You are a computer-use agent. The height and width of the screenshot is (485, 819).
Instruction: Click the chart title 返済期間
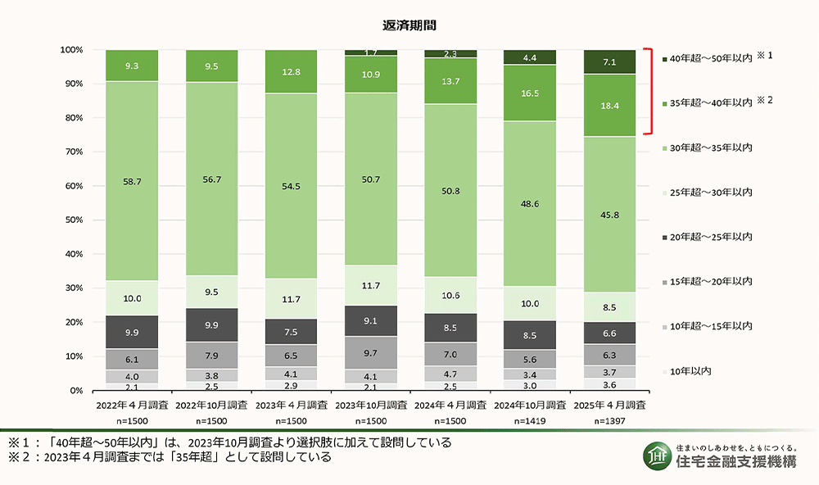click(410, 25)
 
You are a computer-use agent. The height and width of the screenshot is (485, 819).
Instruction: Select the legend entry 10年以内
click(690, 370)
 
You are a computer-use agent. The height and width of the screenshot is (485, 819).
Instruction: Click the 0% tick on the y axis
click(77, 391)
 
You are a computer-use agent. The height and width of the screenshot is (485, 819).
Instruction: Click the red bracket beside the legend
click(649, 90)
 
